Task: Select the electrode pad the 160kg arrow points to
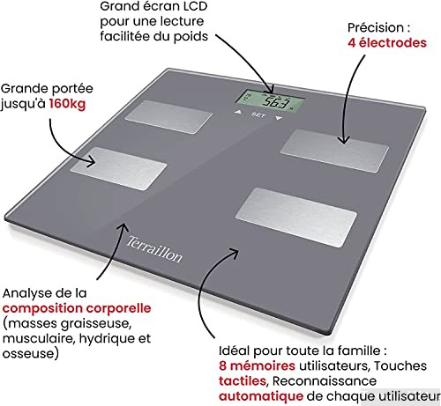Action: (x=130, y=162)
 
